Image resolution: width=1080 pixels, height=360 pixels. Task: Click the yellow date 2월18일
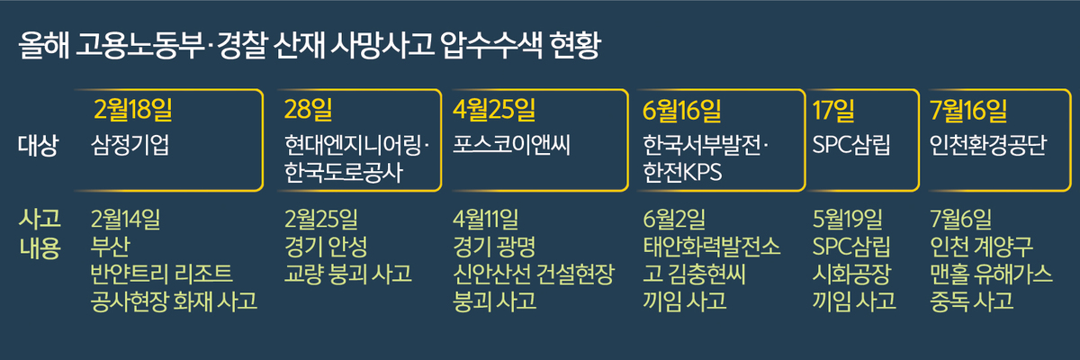click(x=132, y=110)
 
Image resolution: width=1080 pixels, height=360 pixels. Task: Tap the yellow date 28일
click(x=308, y=110)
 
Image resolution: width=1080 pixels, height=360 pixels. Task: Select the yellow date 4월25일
click(x=494, y=110)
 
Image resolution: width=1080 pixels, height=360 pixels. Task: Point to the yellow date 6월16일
click(x=682, y=111)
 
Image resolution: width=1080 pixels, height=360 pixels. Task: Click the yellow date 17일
click(x=833, y=111)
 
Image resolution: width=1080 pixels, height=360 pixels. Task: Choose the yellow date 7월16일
click(x=968, y=111)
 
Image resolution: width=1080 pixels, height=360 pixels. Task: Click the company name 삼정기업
click(x=130, y=145)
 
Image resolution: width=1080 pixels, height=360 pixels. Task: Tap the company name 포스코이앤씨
click(x=511, y=145)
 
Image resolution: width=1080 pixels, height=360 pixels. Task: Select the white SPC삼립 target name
click(x=851, y=145)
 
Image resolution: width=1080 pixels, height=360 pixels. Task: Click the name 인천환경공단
click(x=988, y=145)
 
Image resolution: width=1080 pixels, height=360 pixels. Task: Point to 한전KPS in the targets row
click(x=682, y=172)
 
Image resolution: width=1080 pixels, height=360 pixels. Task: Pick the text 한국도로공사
click(x=343, y=172)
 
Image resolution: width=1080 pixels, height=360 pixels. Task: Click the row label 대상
click(x=38, y=145)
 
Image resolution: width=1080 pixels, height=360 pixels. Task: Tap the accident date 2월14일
click(x=125, y=219)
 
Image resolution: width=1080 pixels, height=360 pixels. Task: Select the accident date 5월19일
click(x=847, y=219)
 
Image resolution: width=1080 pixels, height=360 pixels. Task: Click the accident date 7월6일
click(x=960, y=219)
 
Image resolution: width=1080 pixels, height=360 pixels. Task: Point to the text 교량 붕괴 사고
click(x=348, y=274)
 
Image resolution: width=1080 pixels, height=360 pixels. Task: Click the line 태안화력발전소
click(x=711, y=247)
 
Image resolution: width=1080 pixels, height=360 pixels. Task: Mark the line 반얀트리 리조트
click(x=161, y=274)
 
